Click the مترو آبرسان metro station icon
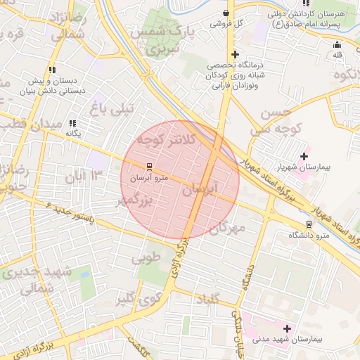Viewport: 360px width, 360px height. (148, 167)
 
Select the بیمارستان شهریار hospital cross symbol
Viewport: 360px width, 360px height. (304, 156)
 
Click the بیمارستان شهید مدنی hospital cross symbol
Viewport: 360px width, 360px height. (287, 328)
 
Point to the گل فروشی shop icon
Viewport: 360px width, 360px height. (225, 13)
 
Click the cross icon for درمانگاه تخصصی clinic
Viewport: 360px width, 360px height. (235, 55)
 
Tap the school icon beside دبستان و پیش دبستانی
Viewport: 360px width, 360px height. (51, 70)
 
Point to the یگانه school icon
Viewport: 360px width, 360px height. (73, 124)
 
